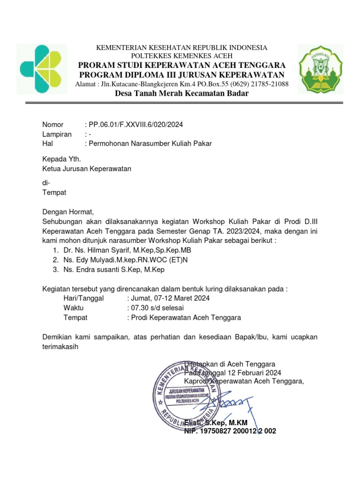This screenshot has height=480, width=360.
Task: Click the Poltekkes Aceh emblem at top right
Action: pos(321,68)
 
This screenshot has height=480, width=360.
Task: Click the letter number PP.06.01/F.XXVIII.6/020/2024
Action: pos(136,125)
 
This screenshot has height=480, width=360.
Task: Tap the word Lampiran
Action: pos(57,134)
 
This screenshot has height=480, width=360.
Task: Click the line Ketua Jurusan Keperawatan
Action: pos(87,169)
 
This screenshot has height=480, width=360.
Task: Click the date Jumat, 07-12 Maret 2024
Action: pos(170,298)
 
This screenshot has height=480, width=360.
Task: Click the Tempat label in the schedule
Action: pos(75,317)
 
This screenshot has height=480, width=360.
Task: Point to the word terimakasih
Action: pos(60,347)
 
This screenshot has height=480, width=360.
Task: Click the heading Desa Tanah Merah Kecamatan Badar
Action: pos(182,94)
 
